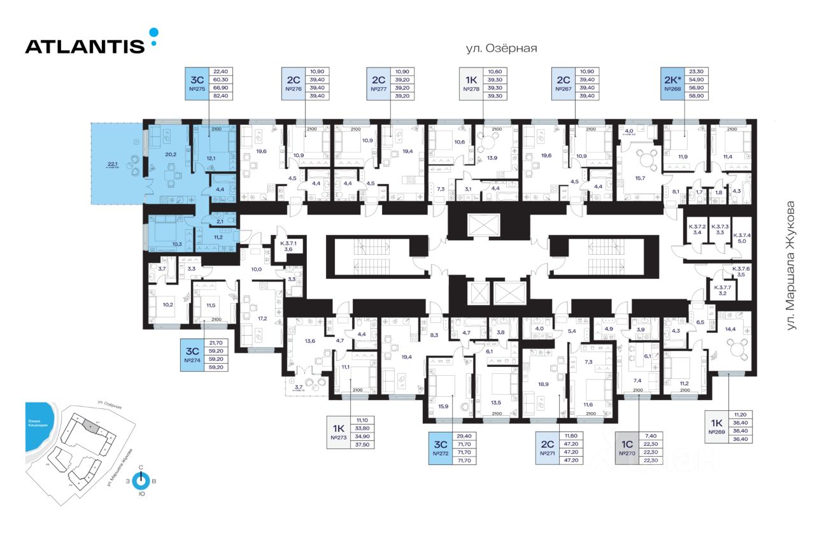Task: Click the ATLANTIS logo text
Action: pos(85,46)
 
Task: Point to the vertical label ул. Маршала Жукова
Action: pos(791,266)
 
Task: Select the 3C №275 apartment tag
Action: pos(197,83)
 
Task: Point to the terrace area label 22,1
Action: pos(115,164)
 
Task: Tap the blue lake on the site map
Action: pos(38,430)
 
